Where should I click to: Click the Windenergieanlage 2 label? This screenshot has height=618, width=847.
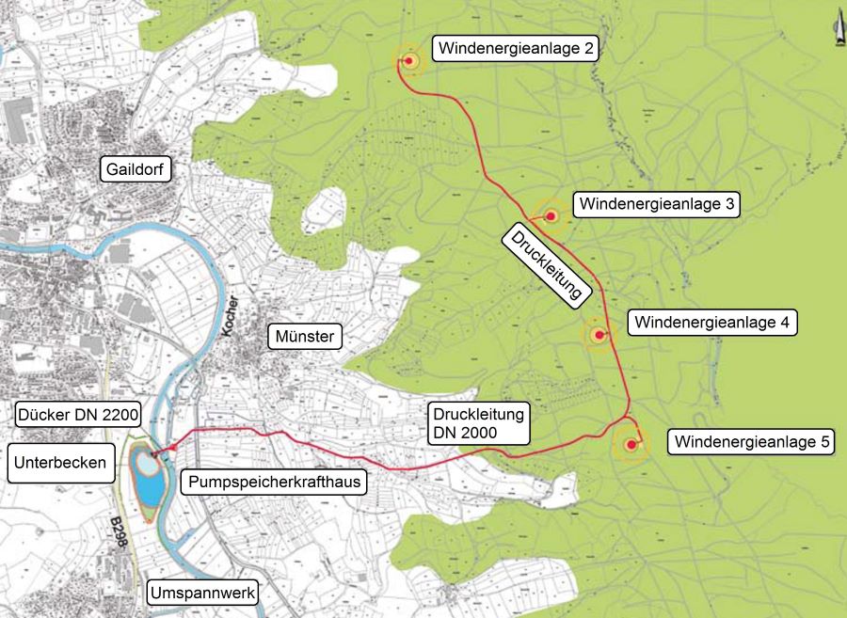tap(515, 49)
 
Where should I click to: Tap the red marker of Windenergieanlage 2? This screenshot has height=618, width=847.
tap(409, 61)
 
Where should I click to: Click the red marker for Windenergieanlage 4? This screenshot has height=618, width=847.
tap(599, 335)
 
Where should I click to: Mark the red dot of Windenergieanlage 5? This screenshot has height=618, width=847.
tap(630, 444)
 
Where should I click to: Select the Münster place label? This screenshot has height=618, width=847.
tap(306, 337)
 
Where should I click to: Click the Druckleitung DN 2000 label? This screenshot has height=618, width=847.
tap(477, 422)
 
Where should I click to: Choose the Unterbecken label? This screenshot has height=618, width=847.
tap(57, 463)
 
